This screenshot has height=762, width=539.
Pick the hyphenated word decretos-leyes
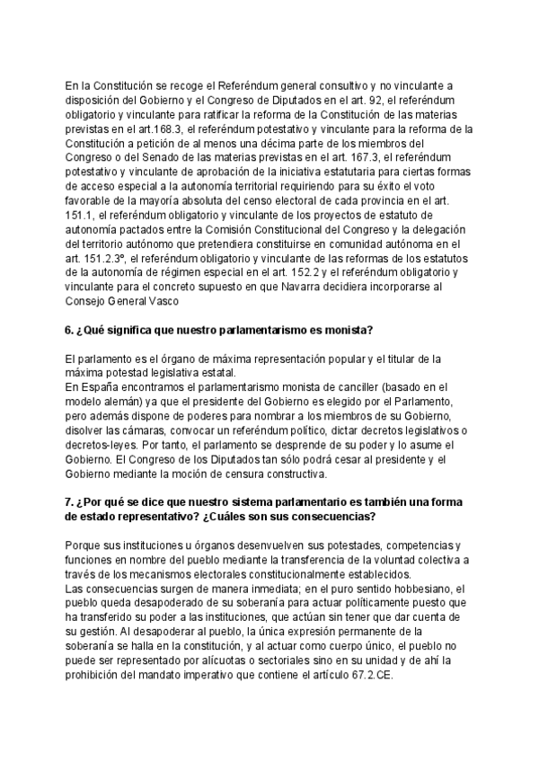tap(102, 442)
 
